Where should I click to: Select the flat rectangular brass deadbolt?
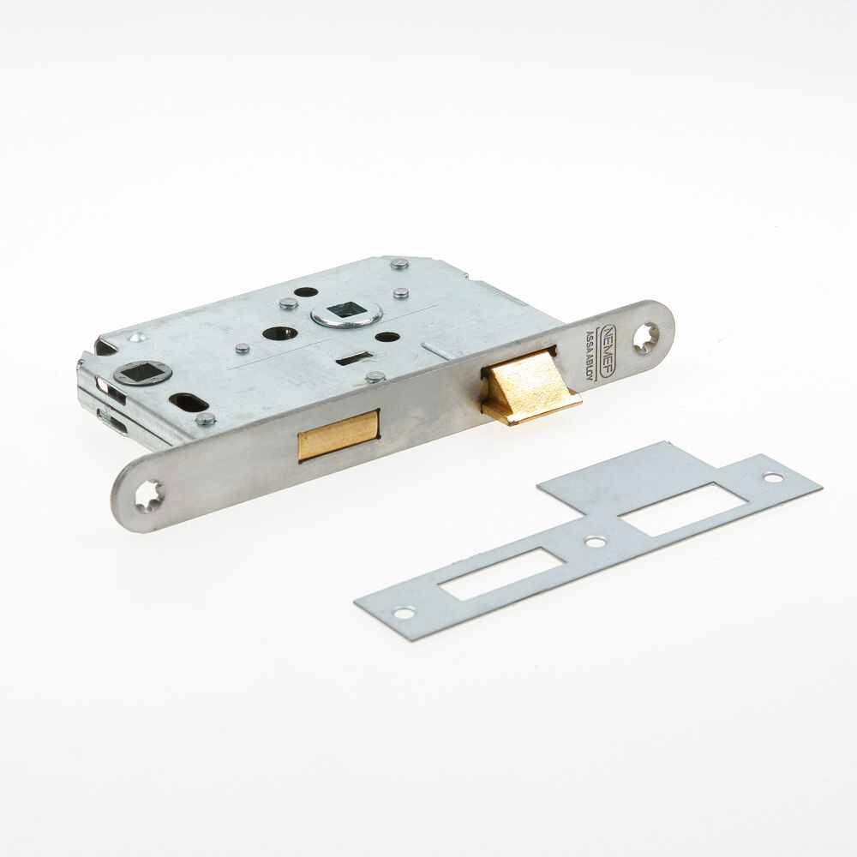pyautogui.click(x=338, y=435)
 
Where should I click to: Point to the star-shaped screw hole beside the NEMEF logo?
pyautogui.click(x=645, y=338)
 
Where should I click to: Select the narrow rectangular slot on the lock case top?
pyautogui.click(x=354, y=358)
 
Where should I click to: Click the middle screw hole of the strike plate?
pyautogui.click(x=592, y=542)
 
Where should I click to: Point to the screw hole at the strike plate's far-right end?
pyautogui.click(x=773, y=477)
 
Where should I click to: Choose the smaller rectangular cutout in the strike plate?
pyautogui.click(x=501, y=573)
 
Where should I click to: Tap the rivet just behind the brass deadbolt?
pyautogui.click(x=375, y=376)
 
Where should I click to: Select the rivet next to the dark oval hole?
pyautogui.click(x=205, y=419)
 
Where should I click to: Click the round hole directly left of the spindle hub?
pyautogui.click(x=281, y=333)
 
